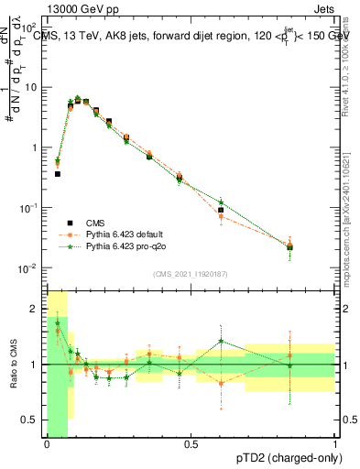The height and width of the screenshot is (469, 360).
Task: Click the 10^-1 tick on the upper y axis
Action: click(x=31, y=208)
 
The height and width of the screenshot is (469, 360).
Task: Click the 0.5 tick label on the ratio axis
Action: click(x=34, y=420)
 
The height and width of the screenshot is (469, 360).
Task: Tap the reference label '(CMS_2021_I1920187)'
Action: click(x=190, y=273)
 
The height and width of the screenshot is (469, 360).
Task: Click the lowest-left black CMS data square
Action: click(x=57, y=173)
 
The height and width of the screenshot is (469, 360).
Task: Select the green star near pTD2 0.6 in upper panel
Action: click(x=221, y=202)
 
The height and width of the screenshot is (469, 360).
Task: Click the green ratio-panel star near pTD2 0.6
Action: click(x=221, y=342)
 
